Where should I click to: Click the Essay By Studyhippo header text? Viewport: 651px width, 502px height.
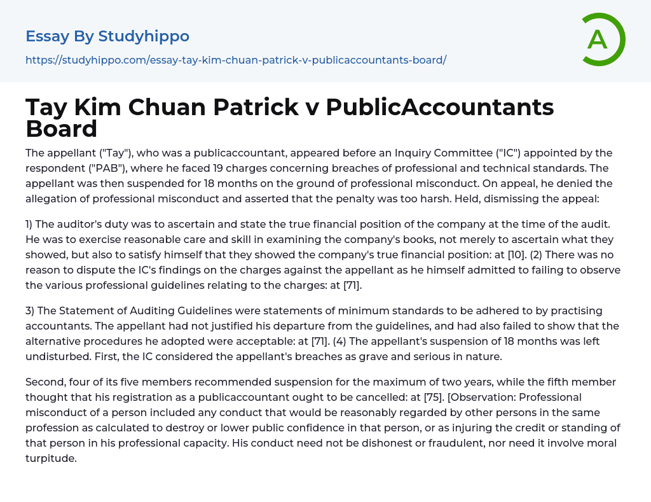coord(107,36)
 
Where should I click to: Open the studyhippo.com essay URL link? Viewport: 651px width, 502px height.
coord(236,60)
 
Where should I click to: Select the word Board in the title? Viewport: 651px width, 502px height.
coord(61,129)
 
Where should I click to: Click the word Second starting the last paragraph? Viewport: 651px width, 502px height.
coord(46,382)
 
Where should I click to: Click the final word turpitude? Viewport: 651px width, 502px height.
coord(51,458)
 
